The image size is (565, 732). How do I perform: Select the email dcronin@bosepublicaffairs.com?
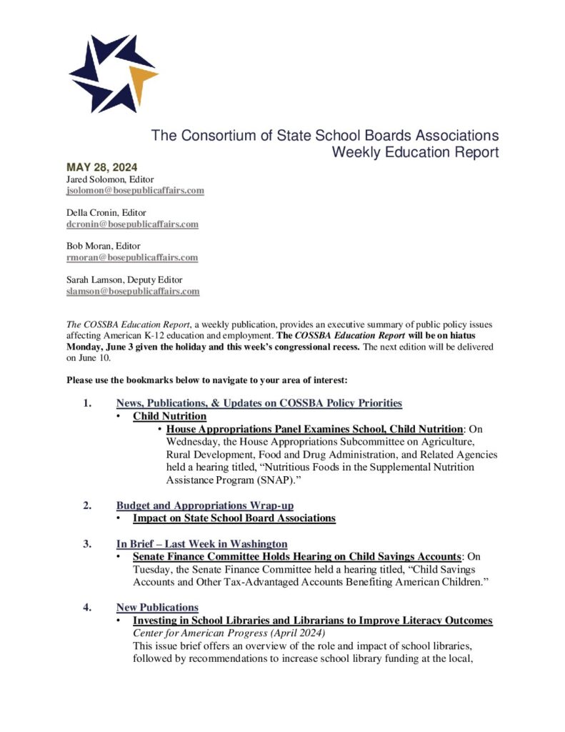coord(132,224)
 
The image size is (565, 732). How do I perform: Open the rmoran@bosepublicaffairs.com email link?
coord(132,257)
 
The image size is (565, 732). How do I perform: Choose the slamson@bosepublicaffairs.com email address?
coord(133,291)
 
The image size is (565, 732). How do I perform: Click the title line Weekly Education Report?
coord(415,152)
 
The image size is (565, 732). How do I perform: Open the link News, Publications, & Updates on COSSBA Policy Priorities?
coord(259,403)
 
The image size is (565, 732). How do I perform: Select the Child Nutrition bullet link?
coord(169,416)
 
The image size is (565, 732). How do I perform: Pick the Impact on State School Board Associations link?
coord(234,518)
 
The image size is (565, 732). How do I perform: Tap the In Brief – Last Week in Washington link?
coord(201,543)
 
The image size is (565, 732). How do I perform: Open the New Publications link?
coord(157,608)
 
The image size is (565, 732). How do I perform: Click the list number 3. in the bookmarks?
coord(87,543)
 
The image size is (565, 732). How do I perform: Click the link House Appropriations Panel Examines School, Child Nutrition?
coord(314,429)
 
